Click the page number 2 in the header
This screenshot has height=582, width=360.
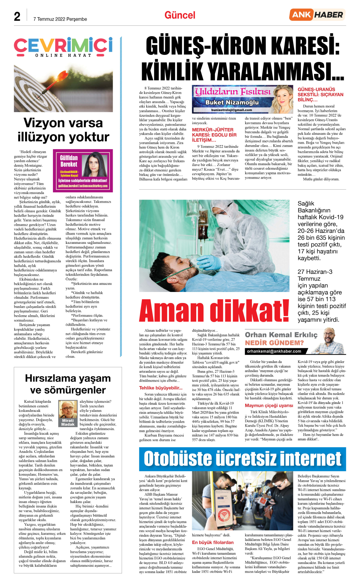(x=17, y=17)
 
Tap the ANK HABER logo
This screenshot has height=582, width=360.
(x=317, y=15)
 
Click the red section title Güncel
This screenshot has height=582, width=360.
(x=180, y=15)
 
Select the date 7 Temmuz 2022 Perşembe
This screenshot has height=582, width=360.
(x=60, y=19)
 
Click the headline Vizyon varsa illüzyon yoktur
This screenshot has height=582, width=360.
(x=63, y=130)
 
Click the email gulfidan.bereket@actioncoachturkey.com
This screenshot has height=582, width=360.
(x=83, y=186)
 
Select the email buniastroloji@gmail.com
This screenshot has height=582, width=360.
(x=231, y=110)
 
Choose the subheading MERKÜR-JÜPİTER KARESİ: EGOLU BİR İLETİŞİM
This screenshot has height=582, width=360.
(x=214, y=135)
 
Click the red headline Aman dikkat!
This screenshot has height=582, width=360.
(x=214, y=310)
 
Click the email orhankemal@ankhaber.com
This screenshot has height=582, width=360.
(x=274, y=351)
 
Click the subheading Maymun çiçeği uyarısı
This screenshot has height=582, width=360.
(x=269, y=405)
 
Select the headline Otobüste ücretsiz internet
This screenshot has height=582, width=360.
(x=242, y=459)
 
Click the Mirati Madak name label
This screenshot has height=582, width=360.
(x=68, y=422)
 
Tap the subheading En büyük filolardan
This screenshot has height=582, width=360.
(x=213, y=542)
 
